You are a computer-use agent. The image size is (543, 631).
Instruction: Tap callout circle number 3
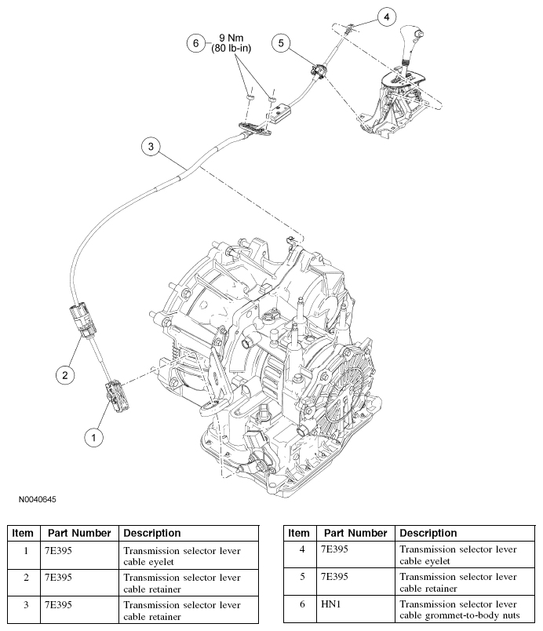[151, 147]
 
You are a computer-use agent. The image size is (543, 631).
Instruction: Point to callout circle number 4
[385, 16]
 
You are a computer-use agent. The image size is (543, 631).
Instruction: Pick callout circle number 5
[282, 43]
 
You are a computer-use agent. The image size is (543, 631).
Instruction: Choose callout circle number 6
[198, 43]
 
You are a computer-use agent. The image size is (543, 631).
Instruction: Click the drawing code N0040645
[34, 499]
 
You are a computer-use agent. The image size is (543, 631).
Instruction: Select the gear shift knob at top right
[414, 39]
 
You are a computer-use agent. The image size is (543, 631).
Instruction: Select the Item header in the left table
[23, 533]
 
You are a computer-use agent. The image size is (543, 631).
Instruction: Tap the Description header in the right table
[428, 533]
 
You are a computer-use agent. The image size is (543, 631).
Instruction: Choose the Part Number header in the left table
[78, 533]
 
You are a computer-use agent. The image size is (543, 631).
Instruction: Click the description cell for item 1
[188, 555]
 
